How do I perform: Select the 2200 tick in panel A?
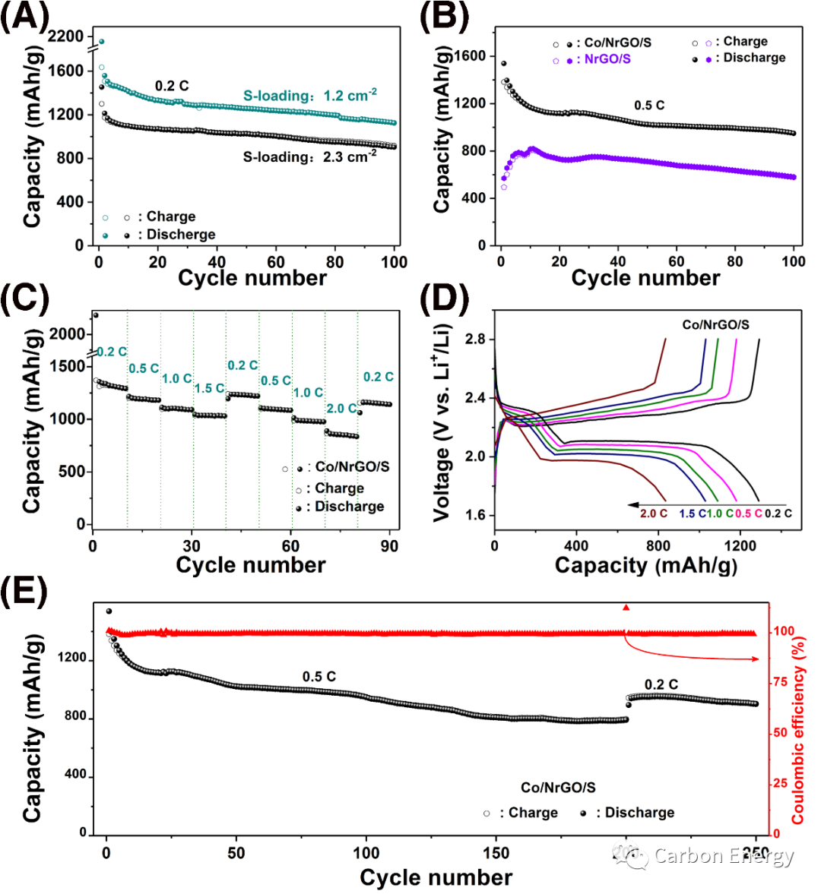(65, 36)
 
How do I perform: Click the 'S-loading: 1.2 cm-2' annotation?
(310, 96)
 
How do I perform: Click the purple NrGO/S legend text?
(607, 59)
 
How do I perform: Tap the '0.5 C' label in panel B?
(649, 105)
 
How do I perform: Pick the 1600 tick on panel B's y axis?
(471, 55)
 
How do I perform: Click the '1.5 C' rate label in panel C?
(209, 388)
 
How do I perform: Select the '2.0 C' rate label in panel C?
(341, 409)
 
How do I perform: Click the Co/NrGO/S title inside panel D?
(715, 324)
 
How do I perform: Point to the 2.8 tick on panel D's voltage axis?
(477, 340)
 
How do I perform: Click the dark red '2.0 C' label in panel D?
(654, 513)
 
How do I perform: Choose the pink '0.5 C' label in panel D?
(749, 513)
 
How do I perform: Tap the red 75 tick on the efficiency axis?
(781, 682)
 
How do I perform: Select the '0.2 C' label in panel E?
(661, 684)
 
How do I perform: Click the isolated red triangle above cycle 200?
(626, 607)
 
